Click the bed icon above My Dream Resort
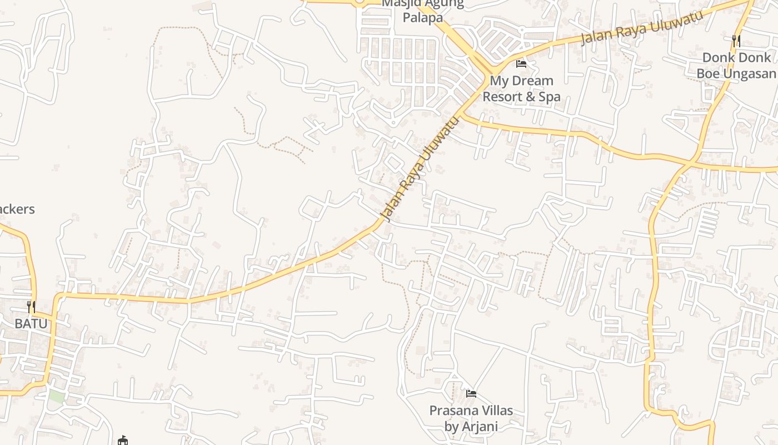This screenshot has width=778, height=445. pyautogui.click(x=521, y=64)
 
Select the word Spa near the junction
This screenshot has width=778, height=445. pyautogui.click(x=549, y=97)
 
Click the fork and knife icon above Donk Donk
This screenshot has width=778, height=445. pyautogui.click(x=736, y=41)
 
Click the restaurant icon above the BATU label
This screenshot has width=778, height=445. pyautogui.click(x=31, y=306)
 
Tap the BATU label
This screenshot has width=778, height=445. pyautogui.click(x=31, y=323)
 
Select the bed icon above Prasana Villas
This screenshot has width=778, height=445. pyautogui.click(x=471, y=394)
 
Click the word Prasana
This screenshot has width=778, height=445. pyautogui.click(x=453, y=411)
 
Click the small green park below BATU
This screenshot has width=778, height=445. pyautogui.click(x=56, y=397)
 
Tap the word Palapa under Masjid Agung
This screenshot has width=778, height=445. pyautogui.click(x=422, y=17)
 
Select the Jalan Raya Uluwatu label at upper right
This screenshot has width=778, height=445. pyautogui.click(x=641, y=27)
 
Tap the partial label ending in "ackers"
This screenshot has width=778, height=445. pyautogui.click(x=17, y=209)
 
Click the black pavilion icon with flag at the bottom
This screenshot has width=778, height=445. pyautogui.click(x=123, y=441)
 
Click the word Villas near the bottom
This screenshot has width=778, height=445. pyautogui.click(x=496, y=411)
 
